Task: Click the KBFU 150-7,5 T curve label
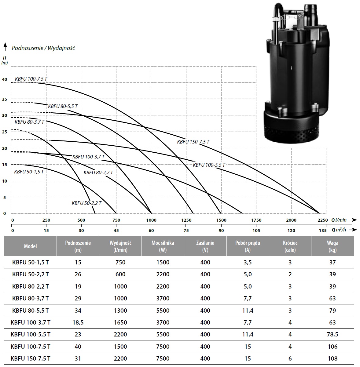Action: coord(193,142)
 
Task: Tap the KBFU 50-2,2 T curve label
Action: coord(86,203)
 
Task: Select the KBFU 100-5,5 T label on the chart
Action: coord(209,165)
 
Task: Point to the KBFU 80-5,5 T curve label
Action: coord(63,106)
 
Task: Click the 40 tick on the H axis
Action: coord(4,79)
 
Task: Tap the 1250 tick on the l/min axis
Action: coord(186,220)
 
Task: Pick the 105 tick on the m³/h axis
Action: coord(256,231)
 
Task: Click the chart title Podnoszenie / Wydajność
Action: coord(43,48)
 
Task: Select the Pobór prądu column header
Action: coord(248,246)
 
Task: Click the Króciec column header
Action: coord(290,246)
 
